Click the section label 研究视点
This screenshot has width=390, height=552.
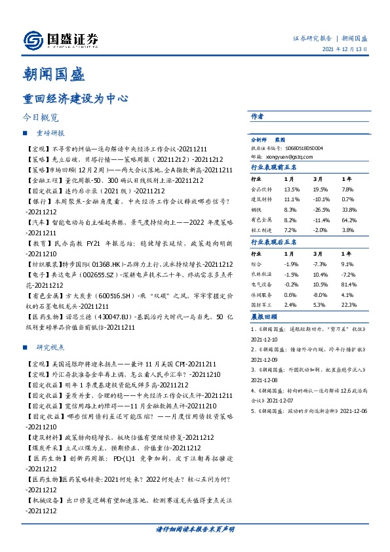(50, 347)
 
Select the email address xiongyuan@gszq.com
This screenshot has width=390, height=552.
(293, 157)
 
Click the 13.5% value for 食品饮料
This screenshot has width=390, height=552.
(291, 188)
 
